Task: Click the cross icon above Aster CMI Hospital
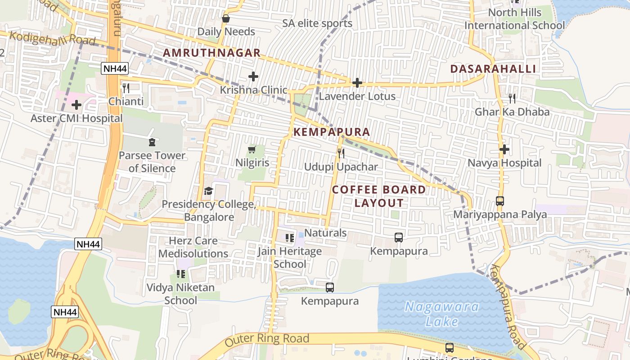click(76, 105)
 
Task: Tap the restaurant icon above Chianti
click(126, 88)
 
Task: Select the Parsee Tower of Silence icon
click(152, 143)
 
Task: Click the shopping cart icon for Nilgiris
click(252, 149)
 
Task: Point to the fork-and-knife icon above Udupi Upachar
click(341, 153)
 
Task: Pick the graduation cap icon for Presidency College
click(208, 191)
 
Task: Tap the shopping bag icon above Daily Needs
click(226, 18)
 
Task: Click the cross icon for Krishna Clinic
click(253, 76)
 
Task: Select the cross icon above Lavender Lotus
click(357, 83)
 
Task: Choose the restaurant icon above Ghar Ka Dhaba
click(512, 98)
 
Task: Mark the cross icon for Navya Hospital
click(504, 149)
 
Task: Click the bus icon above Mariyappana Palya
click(500, 201)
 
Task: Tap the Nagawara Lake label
click(441, 314)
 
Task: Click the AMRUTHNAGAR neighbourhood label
click(211, 53)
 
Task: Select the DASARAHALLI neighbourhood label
click(493, 69)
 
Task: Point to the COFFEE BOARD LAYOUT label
click(379, 196)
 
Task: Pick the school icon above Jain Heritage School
click(290, 238)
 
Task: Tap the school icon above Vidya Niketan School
click(181, 274)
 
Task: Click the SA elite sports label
click(317, 23)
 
